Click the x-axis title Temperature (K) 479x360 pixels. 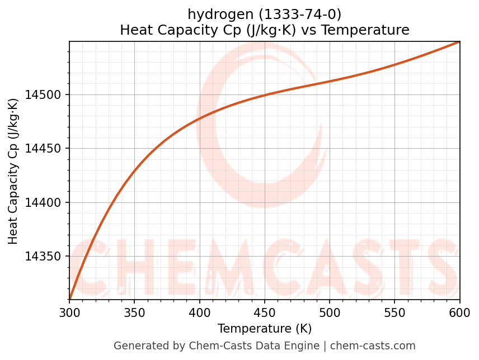(x=265, y=329)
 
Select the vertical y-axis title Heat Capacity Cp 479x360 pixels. (x=13, y=171)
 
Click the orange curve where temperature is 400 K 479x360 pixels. (x=200, y=119)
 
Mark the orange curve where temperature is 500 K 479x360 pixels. (x=330, y=82)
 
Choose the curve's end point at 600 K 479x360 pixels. (x=459, y=42)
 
